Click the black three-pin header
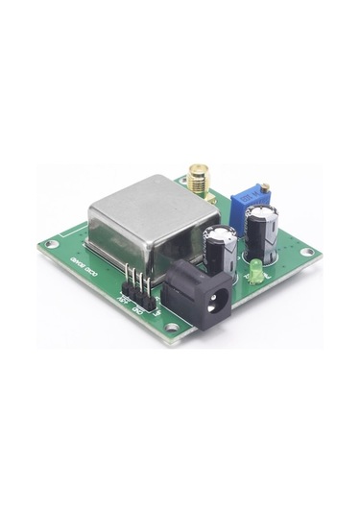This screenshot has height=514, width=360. click(x=137, y=287)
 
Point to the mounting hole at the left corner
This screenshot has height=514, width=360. click(x=52, y=245)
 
